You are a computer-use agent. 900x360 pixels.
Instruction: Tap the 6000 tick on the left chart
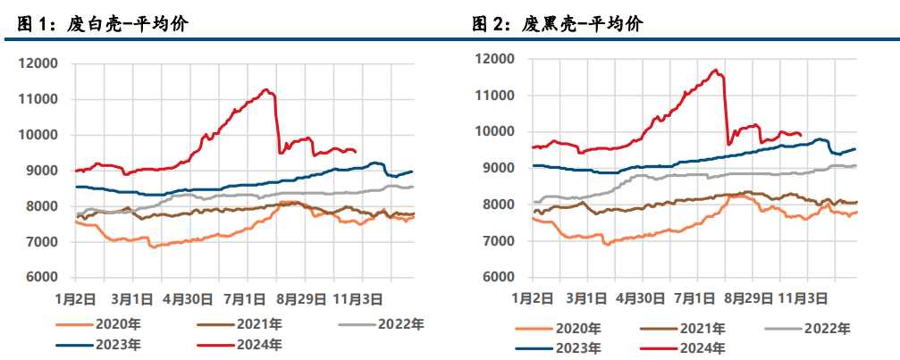41,278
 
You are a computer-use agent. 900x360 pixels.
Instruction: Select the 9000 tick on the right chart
494,168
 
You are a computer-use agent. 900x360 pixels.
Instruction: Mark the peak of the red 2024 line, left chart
265,89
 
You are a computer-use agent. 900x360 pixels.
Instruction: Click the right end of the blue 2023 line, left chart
412,172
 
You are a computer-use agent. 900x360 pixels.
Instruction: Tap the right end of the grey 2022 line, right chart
856,166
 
